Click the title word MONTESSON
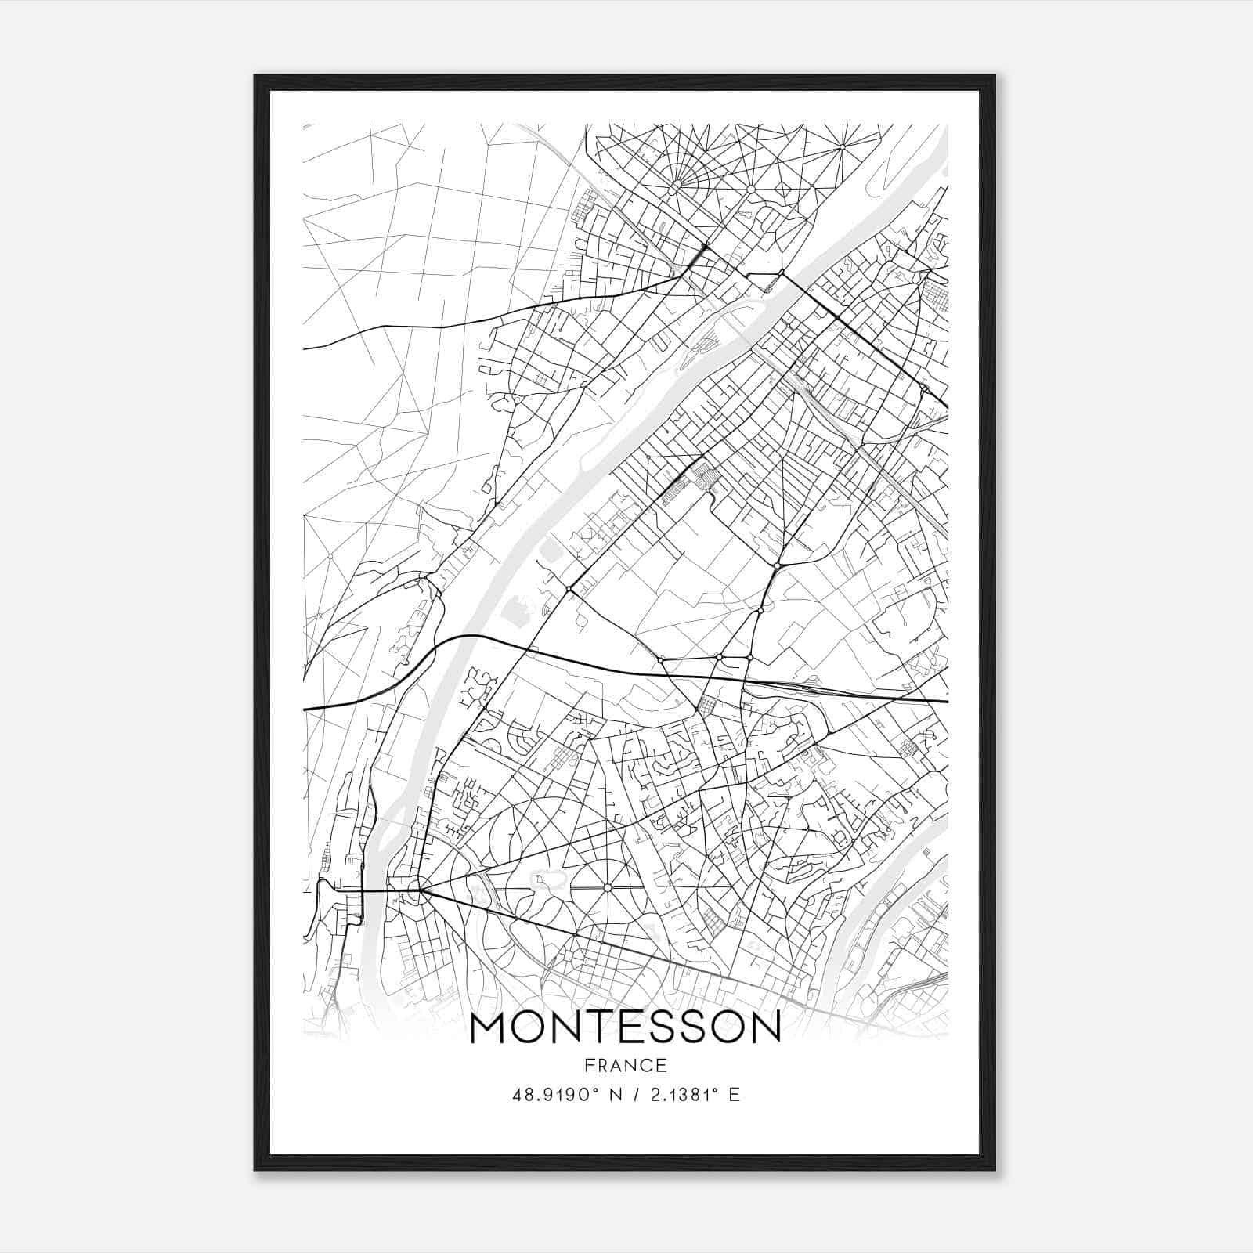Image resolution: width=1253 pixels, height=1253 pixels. pos(625,1028)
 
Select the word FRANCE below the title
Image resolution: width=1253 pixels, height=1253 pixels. pos(625,1065)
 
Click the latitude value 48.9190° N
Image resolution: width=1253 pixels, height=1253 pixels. pos(565,1094)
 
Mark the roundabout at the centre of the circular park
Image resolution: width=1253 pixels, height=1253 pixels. pos(607,887)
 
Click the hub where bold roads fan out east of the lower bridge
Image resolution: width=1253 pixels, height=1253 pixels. pos(421,889)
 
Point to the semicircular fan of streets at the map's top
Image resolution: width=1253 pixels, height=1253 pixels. pos(675,168)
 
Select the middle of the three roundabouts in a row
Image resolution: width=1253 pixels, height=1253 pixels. pos(718,656)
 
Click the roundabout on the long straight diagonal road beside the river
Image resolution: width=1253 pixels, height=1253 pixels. pos(568,587)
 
